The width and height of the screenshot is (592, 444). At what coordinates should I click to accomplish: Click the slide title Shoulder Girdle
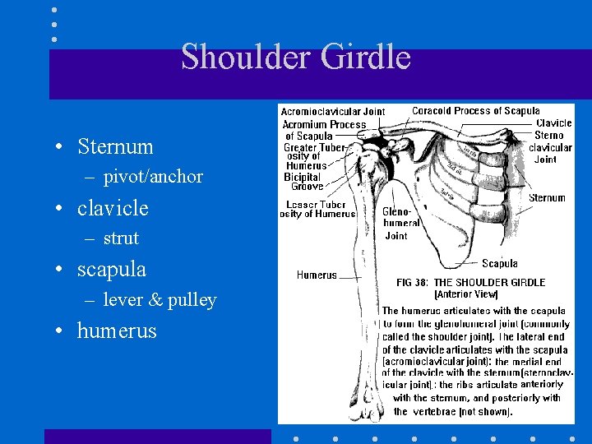coord(295,58)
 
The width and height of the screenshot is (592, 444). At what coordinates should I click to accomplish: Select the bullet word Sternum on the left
coord(115,147)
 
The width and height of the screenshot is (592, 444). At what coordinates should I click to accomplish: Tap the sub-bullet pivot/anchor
coord(153,177)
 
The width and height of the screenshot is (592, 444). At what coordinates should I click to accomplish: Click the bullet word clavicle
coord(113,209)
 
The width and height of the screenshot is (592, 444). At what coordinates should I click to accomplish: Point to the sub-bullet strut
coord(121,238)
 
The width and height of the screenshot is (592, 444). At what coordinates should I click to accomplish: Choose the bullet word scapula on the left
coord(111,270)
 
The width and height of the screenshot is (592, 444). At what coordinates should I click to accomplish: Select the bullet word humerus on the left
coord(117,331)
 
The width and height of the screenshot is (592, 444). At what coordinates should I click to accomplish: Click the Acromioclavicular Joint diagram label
coord(333,112)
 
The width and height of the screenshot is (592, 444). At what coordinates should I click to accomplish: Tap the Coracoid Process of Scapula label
coord(475,111)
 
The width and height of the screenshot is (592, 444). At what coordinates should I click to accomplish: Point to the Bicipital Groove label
coord(303,182)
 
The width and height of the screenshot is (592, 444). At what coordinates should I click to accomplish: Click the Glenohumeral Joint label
coord(400,223)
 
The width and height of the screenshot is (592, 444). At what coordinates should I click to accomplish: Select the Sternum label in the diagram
coord(547,198)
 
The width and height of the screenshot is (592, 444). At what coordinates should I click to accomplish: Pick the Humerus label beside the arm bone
coord(317,275)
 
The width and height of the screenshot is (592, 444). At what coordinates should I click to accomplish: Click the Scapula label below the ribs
coord(499,264)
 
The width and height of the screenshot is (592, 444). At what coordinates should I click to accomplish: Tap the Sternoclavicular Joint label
coord(550,147)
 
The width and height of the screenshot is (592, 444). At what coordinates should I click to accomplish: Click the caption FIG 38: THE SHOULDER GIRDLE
coord(470,283)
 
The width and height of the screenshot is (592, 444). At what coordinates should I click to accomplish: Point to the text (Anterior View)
coord(465,294)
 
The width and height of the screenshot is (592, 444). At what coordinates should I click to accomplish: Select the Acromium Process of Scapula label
coord(323,130)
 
